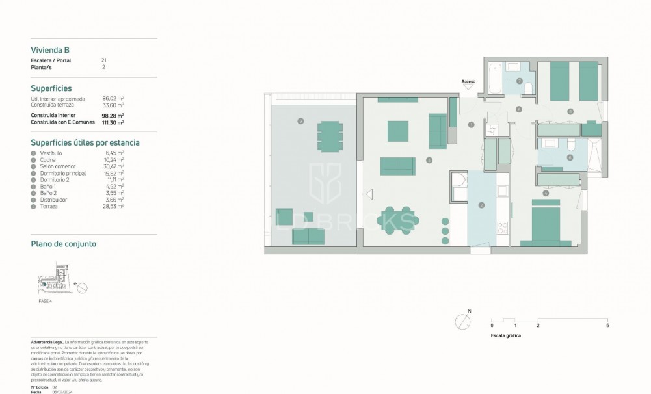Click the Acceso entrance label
click(468, 81)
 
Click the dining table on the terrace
click(330, 136)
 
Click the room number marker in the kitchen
click(481, 205)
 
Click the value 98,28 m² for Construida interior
click(113, 116)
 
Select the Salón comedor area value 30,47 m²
click(113, 165)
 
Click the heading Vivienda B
click(50, 49)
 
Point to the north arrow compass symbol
click(462, 321)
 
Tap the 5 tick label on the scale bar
click(607, 325)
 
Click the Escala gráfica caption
click(506, 336)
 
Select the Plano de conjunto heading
click(64, 244)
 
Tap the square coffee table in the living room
click(397, 131)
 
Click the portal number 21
click(104, 60)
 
